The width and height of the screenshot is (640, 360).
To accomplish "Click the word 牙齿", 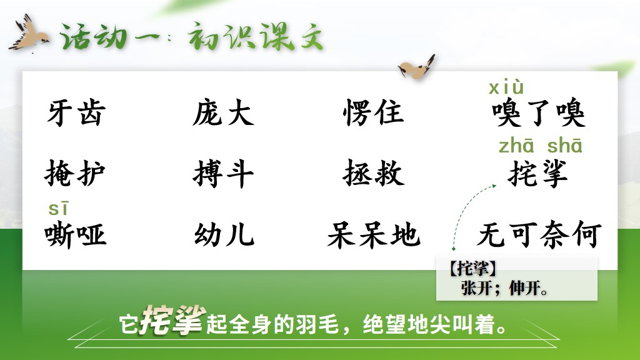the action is click(x=76, y=112).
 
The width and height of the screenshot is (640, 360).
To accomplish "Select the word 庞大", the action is click(x=223, y=112).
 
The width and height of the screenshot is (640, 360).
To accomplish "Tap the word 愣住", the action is click(x=374, y=112).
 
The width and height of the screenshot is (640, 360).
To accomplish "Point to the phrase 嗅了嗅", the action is click(x=539, y=112).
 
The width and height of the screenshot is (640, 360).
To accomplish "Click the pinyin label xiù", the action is click(x=506, y=87).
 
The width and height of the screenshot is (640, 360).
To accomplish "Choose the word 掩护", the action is click(x=75, y=173).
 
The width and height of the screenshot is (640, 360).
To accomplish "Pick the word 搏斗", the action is click(x=223, y=174).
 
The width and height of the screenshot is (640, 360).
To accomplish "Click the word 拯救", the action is click(x=374, y=173).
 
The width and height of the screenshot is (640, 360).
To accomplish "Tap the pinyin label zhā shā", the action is click(x=541, y=146).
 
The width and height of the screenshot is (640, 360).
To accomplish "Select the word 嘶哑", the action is click(x=76, y=235).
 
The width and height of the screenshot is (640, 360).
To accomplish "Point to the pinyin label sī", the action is click(x=58, y=209).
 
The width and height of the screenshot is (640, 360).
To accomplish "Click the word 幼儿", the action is click(x=224, y=235).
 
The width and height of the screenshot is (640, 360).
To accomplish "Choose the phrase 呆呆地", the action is click(x=374, y=235).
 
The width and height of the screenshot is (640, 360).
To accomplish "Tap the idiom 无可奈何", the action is click(x=539, y=235).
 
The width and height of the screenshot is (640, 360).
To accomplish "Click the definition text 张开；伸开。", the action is click(x=505, y=289).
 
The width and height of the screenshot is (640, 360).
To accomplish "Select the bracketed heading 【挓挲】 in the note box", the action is click(x=472, y=269).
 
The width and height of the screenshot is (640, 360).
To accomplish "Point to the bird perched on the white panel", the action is click(x=417, y=66).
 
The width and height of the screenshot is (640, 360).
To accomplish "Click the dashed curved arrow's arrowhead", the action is click(x=494, y=186).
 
